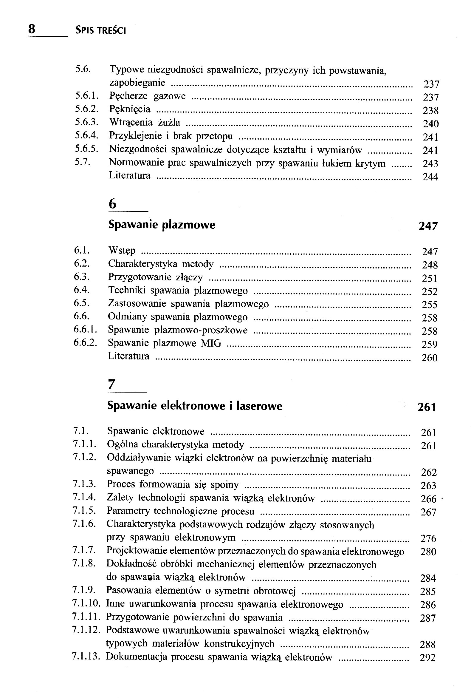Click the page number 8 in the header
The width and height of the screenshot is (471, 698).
point(32,30)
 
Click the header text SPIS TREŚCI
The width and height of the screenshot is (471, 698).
point(100,30)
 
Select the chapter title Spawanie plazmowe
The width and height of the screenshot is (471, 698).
point(162,225)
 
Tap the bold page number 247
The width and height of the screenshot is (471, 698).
point(428,226)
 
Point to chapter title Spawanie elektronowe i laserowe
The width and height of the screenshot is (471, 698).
point(195,406)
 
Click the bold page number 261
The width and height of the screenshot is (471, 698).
point(427,407)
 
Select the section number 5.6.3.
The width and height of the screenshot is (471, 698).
point(87,122)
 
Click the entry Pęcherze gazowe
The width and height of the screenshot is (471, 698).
point(147,96)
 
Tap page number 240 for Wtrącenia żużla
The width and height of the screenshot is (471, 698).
point(431,124)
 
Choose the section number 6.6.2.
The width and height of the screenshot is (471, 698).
point(86,342)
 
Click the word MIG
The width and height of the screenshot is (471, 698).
point(211,343)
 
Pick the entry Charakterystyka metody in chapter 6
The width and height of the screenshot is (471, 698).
point(161,264)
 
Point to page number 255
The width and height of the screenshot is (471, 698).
point(430,305)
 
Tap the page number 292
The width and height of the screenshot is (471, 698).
point(427,658)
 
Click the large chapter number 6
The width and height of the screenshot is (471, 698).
point(112,204)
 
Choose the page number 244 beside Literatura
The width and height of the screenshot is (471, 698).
point(430,177)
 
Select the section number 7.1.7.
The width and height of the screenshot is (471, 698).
point(84,550)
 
